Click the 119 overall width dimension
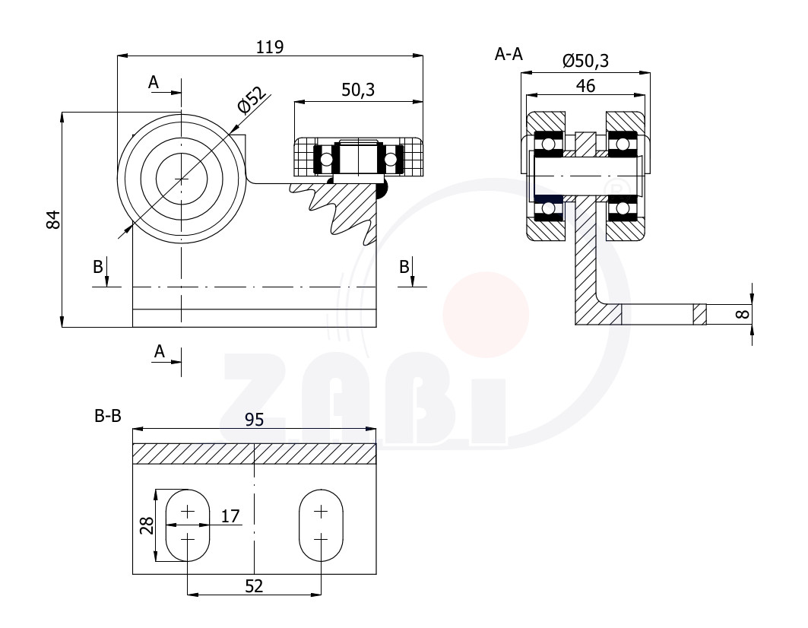pyautogui.click(x=270, y=47)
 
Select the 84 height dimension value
pyautogui.click(x=53, y=220)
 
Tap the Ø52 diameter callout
pyautogui.click(x=252, y=100)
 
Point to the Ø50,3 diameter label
pyautogui.click(x=585, y=61)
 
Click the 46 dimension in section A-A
pyautogui.click(x=585, y=86)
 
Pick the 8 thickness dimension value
pyautogui.click(x=742, y=313)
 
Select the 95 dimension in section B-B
pyautogui.click(x=254, y=420)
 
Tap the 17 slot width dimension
pyautogui.click(x=230, y=515)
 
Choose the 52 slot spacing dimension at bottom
pyautogui.click(x=254, y=586)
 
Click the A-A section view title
pyautogui.click(x=509, y=54)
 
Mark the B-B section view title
pyautogui.click(x=108, y=416)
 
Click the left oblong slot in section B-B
pyautogui.click(x=188, y=525)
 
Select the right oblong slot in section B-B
pyautogui.click(x=321, y=525)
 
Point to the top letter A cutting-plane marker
pyautogui.click(x=154, y=82)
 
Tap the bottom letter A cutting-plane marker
pyautogui.click(x=160, y=351)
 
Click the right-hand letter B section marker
pyautogui.click(x=404, y=267)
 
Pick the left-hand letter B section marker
pyautogui.click(x=98, y=267)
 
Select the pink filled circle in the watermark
pyautogui.click(x=486, y=315)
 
